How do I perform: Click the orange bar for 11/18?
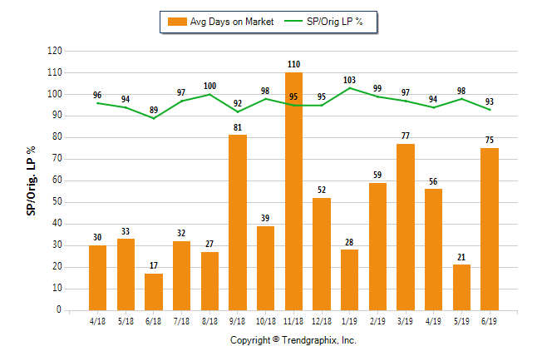click(293, 191)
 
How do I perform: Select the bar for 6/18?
click(154, 292)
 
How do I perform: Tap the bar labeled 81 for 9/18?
click(238, 222)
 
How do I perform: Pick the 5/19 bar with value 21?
click(461, 288)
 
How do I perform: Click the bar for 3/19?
click(406, 227)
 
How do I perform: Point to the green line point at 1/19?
click(350, 88)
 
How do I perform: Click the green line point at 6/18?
click(154, 118)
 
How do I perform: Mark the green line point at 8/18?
click(210, 94)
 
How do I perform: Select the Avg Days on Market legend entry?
click(220, 22)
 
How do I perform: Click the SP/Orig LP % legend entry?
click(323, 22)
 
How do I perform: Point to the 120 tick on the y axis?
click(55, 51)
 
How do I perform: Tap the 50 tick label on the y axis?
click(57, 202)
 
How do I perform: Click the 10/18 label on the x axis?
click(266, 321)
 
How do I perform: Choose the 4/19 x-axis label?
click(433, 321)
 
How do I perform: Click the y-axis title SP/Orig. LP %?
click(31, 180)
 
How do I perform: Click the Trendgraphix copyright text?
click(293, 340)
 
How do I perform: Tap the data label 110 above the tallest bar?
click(293, 64)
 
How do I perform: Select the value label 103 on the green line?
click(350, 80)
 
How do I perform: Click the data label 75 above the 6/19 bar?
click(490, 140)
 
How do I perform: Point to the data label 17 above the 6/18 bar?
click(154, 265)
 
